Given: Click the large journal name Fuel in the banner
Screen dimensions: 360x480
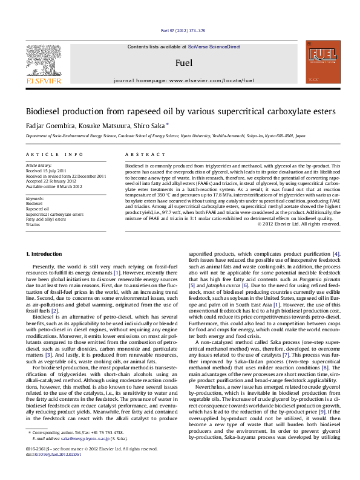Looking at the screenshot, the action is click(183, 63).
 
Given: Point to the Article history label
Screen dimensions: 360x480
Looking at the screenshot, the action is click(36, 164).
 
